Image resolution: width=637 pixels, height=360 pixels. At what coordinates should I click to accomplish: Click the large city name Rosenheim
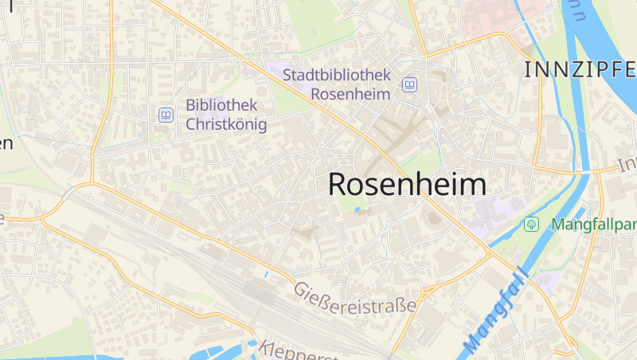(407, 184)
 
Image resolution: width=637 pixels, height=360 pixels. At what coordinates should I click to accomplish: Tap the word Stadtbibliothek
(338, 76)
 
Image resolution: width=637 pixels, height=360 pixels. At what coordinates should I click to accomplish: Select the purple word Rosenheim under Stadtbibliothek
(350, 94)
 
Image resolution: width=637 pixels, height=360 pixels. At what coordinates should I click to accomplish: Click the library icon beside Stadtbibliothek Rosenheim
(409, 84)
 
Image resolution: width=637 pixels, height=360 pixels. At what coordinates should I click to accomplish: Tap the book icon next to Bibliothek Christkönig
(166, 115)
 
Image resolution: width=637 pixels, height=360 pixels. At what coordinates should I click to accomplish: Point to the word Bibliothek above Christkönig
(221, 105)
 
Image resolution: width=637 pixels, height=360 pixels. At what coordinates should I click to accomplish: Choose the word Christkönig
(226, 124)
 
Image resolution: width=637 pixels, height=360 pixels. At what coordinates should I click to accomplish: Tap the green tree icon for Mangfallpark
(531, 225)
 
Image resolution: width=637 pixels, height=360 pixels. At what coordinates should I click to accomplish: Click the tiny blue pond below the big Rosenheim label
(358, 210)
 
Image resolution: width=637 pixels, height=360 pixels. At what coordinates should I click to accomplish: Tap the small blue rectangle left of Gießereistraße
(266, 275)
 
